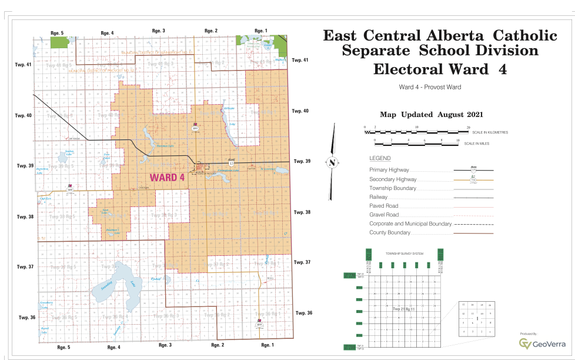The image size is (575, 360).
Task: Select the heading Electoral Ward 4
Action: tap(440, 69)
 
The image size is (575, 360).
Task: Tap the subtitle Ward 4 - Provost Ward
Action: tap(429, 88)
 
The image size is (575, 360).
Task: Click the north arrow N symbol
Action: tap(333, 163)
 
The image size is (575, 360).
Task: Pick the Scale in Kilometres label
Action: tap(489, 132)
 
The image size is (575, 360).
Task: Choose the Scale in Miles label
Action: tap(476, 144)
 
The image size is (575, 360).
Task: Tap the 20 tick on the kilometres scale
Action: tap(469, 127)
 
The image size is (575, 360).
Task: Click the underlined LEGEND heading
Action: tap(380, 159)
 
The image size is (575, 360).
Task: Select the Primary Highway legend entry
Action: tap(393, 171)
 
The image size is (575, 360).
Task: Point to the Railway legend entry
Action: tap(378, 197)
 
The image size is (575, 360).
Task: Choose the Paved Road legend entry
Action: tap(384, 206)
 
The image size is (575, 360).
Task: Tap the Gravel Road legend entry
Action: tap(385, 215)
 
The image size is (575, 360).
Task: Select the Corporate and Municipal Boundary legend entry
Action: tap(410, 224)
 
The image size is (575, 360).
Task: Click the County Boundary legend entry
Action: tap(390, 232)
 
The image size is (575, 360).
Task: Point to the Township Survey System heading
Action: tap(404, 254)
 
